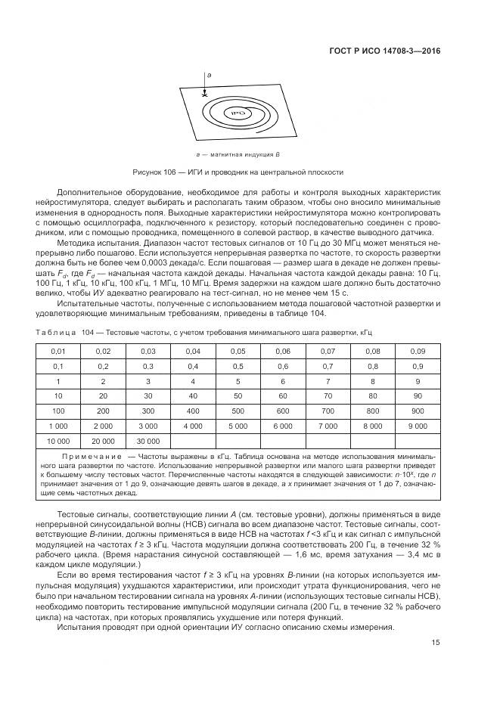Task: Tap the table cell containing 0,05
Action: coord(238,352)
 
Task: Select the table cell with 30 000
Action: coord(148,439)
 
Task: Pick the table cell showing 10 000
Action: coord(58,439)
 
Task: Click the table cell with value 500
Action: coord(238,410)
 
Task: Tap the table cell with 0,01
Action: coord(58,352)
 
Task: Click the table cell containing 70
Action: coord(327,395)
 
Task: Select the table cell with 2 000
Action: coord(103,425)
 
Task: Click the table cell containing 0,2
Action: coord(103,366)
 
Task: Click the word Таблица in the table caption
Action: coord(56,332)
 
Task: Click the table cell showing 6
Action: coord(282,381)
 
